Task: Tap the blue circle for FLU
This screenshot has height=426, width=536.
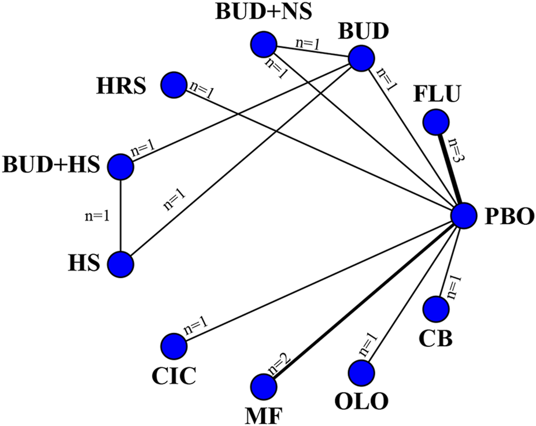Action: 436,122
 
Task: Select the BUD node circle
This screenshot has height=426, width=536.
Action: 360,59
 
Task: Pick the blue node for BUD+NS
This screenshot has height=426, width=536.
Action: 263,43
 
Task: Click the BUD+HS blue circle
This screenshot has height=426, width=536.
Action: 121,166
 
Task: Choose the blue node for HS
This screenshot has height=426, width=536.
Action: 121,264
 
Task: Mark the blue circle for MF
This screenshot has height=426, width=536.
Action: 263,386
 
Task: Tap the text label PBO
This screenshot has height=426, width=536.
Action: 505,218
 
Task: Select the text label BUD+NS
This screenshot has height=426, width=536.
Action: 263,12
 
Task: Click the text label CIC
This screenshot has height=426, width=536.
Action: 173,376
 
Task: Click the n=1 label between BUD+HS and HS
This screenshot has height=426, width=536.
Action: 97,216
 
